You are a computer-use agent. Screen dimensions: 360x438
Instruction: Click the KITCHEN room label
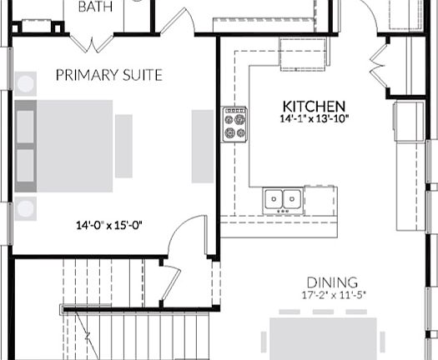[x=314, y=106]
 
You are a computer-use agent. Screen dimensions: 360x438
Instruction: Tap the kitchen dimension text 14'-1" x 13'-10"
[x=314, y=120]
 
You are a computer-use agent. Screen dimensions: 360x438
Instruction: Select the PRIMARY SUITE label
[x=109, y=75]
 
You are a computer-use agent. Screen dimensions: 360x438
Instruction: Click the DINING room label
[x=331, y=282]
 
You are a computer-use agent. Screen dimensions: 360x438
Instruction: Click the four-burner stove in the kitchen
[x=234, y=122]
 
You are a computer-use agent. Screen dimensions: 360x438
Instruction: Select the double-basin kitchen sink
[x=283, y=199]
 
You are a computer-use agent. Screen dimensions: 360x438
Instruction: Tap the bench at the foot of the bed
[x=123, y=147]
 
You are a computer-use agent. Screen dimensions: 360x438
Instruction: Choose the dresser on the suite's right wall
[x=202, y=147]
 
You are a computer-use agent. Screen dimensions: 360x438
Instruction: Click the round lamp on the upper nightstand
[x=26, y=85]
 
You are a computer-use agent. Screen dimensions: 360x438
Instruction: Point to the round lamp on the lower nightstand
[x=26, y=208]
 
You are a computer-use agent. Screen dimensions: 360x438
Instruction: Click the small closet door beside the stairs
[x=169, y=283]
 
